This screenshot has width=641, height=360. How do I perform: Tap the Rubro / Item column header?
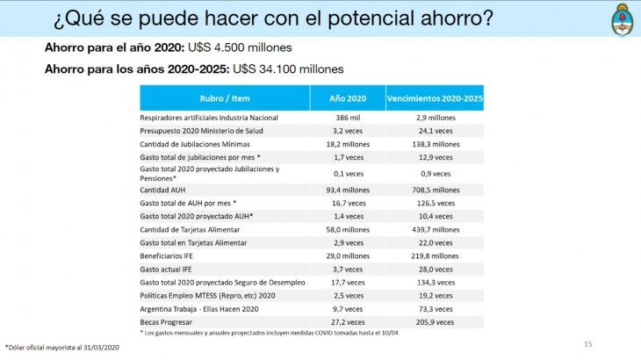pos(225,97)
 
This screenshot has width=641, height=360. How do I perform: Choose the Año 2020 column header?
pos(349,97)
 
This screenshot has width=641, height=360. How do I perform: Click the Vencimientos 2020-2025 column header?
pos(435,97)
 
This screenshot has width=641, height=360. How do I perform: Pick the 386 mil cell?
pos(349,117)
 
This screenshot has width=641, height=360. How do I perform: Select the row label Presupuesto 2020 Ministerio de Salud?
pos(201,130)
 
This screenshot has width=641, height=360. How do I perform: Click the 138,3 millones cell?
pos(435,143)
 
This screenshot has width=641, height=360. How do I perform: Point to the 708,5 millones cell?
pos(435,189)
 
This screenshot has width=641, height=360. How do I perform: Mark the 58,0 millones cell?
pos(349,229)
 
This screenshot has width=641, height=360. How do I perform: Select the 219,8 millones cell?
pos(435,256)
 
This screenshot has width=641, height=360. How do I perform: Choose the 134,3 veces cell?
pos(435,283)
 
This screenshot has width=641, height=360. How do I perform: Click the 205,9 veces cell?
pos(435,322)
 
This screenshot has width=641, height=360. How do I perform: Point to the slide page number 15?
pos(588,342)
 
